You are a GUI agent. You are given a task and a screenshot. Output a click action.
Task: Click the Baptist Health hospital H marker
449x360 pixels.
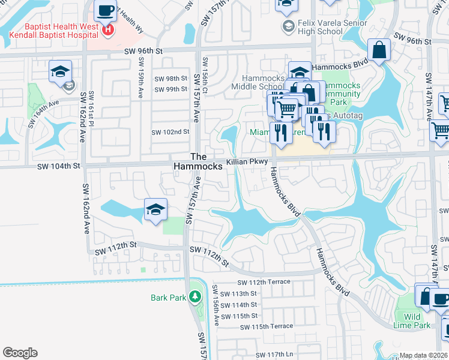pyautogui.click(x=108, y=30)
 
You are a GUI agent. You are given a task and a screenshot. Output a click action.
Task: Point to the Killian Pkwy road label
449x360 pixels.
pyautogui.click(x=246, y=163)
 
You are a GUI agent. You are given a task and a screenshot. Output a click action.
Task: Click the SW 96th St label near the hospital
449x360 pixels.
pyautogui.click(x=144, y=52)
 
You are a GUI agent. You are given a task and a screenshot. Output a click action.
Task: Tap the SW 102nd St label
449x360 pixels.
pyautogui.click(x=170, y=132)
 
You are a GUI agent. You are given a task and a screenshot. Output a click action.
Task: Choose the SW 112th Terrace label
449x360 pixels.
pyautogui.click(x=264, y=282)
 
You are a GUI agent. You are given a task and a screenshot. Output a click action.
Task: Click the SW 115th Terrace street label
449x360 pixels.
pyautogui.click(x=267, y=326)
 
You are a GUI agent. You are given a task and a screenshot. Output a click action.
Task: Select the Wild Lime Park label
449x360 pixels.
pyautogui.click(x=417, y=321)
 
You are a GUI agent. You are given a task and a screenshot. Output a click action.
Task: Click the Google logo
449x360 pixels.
pyautogui.click(x=20, y=353)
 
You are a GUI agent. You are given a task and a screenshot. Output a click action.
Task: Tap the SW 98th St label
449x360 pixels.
pyautogui.click(x=171, y=79)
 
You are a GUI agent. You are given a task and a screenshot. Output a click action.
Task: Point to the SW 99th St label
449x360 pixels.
pyautogui.click(x=171, y=89)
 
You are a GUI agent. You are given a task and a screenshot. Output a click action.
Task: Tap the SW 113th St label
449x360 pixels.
pyautogui.click(x=238, y=293)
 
